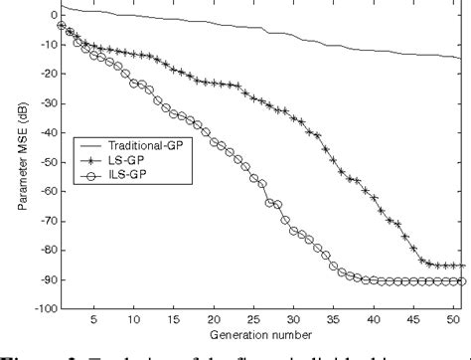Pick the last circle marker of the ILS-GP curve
click(462, 281)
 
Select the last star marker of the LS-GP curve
click(462, 266)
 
